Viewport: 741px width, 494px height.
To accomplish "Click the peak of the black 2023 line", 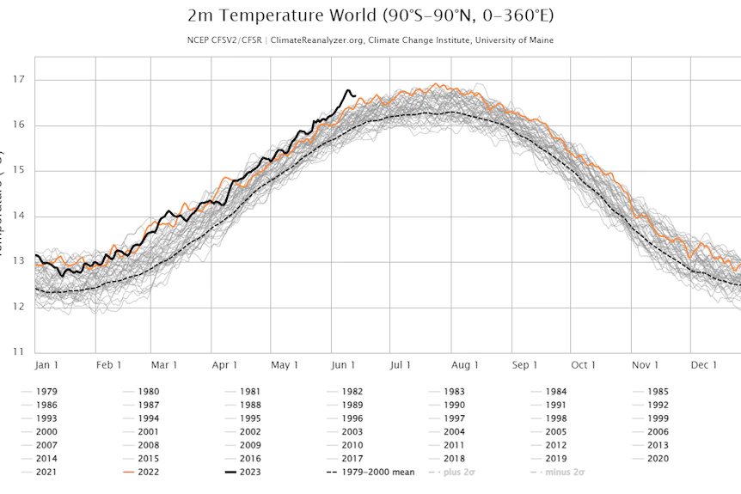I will pos(348,90).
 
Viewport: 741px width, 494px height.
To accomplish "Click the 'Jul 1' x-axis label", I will pos(401,365).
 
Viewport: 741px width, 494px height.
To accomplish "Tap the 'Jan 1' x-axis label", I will pos(48,365).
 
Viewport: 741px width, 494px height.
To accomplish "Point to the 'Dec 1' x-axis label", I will pos(703,365).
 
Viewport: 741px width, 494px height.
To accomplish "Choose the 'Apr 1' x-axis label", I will pos(224,365).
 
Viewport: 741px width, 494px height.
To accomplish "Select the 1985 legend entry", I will pos(658,391).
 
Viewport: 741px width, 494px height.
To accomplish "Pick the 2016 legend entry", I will pos(251,458).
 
